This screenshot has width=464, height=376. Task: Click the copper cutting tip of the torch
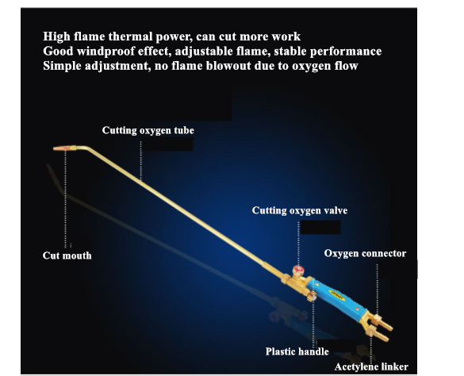point(62,148)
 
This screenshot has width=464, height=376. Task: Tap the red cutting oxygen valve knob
point(297,270)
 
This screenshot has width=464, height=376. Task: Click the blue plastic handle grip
point(336,296)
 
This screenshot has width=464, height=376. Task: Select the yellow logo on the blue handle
point(336,295)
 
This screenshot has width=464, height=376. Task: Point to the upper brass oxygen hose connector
point(384,323)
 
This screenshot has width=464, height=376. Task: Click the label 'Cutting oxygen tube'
point(148,131)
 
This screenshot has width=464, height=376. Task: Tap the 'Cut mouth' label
point(67,255)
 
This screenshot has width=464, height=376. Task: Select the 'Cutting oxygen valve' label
point(300,210)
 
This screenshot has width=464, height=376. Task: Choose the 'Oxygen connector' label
point(365,253)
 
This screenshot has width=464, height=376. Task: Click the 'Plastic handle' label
point(297,351)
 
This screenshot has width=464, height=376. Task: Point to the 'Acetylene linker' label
point(371,366)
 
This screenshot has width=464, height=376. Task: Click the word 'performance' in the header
point(346,52)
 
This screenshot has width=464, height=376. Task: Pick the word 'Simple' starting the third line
point(62,66)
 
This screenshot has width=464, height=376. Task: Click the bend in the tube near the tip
point(85,148)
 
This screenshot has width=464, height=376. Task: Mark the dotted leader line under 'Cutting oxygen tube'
point(141,161)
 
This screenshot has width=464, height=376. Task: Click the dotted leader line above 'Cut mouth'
point(65,199)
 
